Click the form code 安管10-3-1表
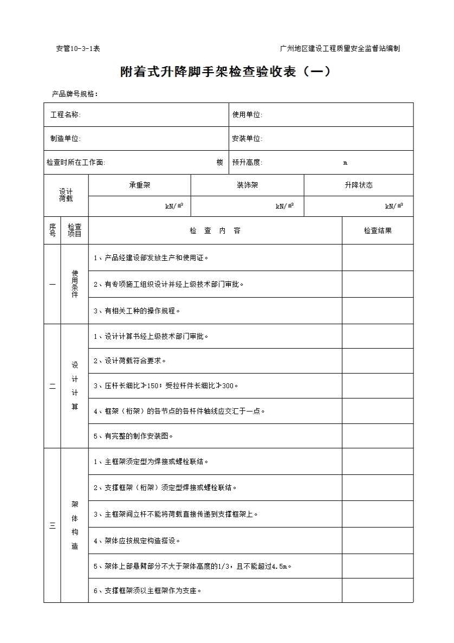pyautogui.click(x=78, y=49)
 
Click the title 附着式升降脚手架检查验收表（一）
pyautogui.click(x=225, y=72)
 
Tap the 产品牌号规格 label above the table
pyautogui.click(x=75, y=94)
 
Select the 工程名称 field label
pyautogui.click(x=66, y=115)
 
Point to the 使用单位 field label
pyautogui.click(x=247, y=115)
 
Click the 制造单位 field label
pyautogui.click(x=66, y=139)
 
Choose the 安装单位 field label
pyautogui.click(x=247, y=139)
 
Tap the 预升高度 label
pyautogui.click(x=247, y=163)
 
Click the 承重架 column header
pyautogui.click(x=139, y=185)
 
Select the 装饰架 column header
pyautogui.click(x=247, y=185)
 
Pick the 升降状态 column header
pyautogui.click(x=358, y=185)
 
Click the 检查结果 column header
pyautogui.click(x=378, y=231)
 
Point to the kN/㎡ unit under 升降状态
pyautogui.click(x=394, y=207)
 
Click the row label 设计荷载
pyautogui.click(x=66, y=195)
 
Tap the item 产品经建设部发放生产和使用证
pyautogui.click(x=151, y=258)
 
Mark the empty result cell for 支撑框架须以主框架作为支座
pyautogui.click(x=378, y=590)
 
